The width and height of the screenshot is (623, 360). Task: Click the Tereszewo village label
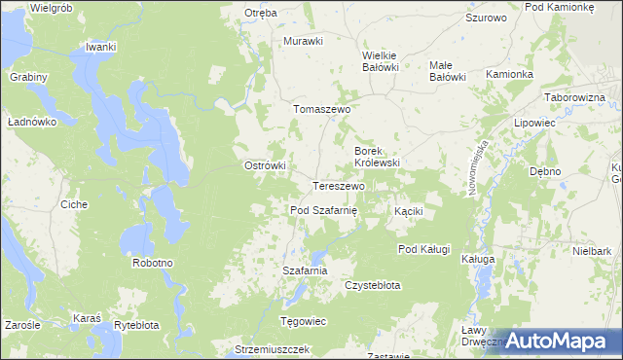click(338, 186)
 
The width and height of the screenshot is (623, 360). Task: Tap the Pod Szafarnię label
click(324, 210)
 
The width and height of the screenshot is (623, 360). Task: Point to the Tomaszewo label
click(321, 110)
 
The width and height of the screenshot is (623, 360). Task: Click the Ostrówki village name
click(264, 165)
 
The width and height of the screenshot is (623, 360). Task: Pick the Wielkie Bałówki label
click(382, 61)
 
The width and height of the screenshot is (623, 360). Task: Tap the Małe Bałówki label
click(449, 71)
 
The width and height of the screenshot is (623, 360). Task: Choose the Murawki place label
click(302, 41)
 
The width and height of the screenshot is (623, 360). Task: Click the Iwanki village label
click(100, 47)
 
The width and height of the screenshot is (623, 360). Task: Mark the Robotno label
click(153, 263)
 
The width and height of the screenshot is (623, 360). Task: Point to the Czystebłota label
click(373, 285)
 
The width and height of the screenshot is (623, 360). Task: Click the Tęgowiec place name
click(303, 321)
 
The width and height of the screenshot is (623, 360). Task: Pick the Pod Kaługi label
click(423, 249)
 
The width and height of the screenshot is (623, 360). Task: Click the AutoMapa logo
click(558, 341)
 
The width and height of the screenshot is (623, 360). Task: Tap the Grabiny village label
click(29, 76)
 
